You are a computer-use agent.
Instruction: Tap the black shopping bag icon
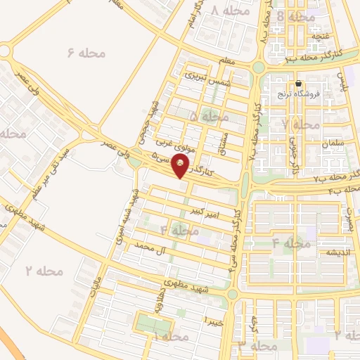pos(298,83)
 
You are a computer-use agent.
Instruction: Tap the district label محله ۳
pos(254,346)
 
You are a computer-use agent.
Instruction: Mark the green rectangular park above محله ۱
pos(153,325)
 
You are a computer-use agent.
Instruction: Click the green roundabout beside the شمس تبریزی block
pos(258,68)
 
